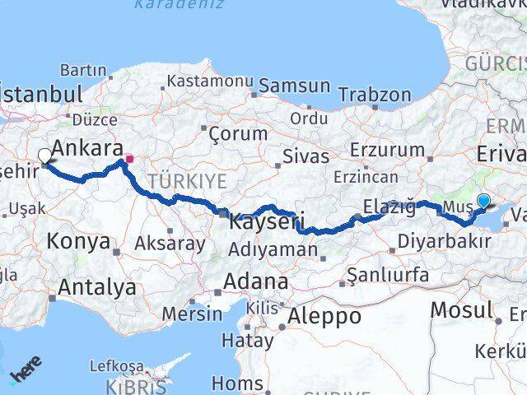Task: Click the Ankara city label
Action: (x=86, y=148)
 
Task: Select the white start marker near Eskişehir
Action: (x=44, y=155)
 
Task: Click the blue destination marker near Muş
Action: (x=483, y=200)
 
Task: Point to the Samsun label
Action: (x=295, y=86)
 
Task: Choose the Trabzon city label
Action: (x=374, y=95)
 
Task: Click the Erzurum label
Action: (x=387, y=151)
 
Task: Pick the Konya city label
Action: (x=78, y=242)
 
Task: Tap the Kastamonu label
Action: (x=209, y=81)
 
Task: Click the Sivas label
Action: (x=305, y=156)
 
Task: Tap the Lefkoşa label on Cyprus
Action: (x=116, y=366)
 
